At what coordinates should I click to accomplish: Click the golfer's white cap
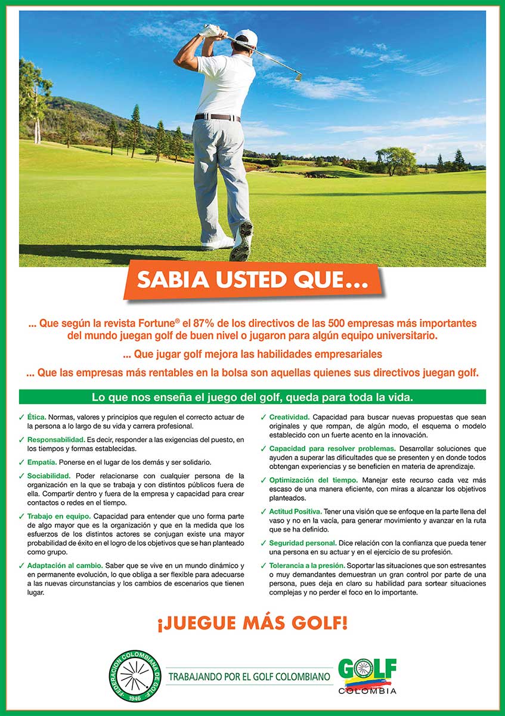click(246, 38)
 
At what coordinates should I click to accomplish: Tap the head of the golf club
click(296, 76)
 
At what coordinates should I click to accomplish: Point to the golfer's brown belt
click(218, 118)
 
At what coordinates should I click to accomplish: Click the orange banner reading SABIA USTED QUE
click(251, 280)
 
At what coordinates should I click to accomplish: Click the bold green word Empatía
click(42, 462)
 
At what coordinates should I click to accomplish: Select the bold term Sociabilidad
click(49, 476)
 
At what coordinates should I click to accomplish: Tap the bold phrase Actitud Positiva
click(296, 511)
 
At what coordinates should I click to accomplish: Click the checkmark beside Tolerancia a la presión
click(264, 565)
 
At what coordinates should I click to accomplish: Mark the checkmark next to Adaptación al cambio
click(21, 565)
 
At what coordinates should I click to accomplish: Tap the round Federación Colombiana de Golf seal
click(138, 676)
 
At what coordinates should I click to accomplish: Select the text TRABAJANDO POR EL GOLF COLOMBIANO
click(249, 677)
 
